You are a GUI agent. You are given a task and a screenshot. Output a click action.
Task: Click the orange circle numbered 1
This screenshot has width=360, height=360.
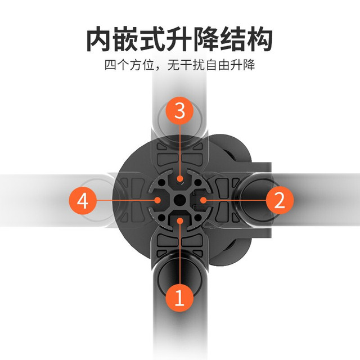[x=179, y=298]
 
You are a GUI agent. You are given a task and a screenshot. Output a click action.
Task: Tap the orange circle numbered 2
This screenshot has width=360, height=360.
[x=280, y=200]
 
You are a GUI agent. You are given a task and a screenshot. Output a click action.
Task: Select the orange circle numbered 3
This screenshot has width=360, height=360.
[x=179, y=110]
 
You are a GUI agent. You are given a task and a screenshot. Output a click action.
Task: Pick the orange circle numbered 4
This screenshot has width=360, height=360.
[x=83, y=200]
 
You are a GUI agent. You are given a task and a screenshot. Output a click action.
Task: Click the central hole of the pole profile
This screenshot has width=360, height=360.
[x=180, y=200]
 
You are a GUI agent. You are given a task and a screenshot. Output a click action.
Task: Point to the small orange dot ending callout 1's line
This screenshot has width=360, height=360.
[x=180, y=221]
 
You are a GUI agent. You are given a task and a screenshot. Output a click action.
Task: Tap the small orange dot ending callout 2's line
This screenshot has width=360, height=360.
[x=202, y=200]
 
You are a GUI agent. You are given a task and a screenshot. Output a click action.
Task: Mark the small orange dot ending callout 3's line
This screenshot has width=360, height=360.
[x=180, y=179]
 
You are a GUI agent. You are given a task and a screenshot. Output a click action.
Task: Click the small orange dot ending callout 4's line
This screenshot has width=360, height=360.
[x=157, y=200]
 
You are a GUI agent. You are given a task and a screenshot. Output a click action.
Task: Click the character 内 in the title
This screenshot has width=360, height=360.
[x=100, y=39]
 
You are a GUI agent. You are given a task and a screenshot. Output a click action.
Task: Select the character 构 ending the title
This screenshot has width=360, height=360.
[x=259, y=39]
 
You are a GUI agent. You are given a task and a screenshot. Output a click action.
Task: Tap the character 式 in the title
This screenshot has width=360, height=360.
[x=152, y=39]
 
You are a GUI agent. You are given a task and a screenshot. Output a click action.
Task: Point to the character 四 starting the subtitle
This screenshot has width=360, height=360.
[x=111, y=65]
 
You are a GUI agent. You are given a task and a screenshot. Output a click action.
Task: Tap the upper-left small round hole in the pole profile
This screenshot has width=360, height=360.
[x=163, y=183]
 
